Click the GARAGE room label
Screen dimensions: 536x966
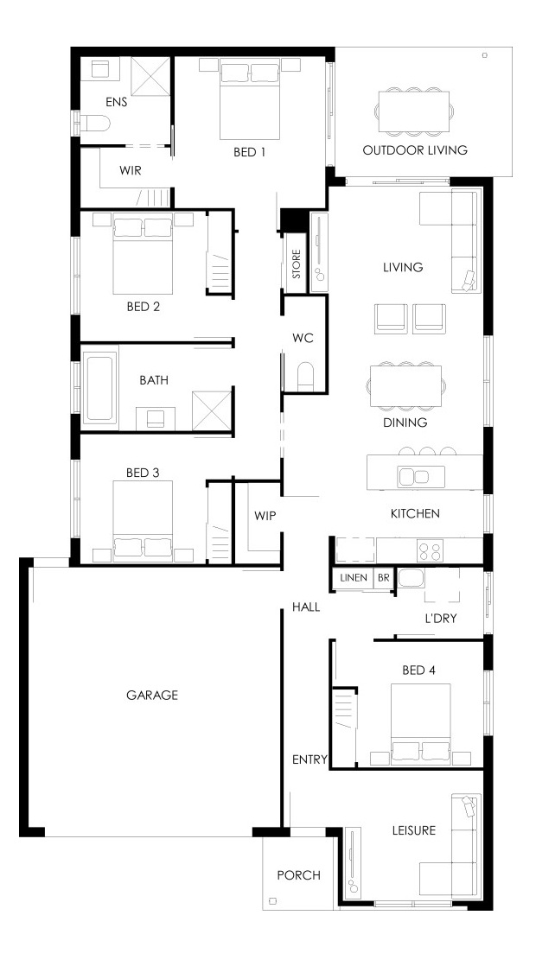tap(152, 695)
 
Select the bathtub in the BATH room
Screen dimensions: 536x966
tap(99, 387)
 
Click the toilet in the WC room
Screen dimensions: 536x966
tap(305, 377)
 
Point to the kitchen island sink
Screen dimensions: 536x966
tap(413, 476)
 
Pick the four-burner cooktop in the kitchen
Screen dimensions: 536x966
tap(429, 550)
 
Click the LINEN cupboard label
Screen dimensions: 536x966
tap(354, 578)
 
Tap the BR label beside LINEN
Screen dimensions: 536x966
tap(383, 578)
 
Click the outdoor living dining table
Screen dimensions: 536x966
tap(412, 111)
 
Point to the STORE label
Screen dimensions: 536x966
tap(297, 264)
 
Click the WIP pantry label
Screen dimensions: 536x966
tap(265, 516)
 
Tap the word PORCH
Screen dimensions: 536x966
tap(299, 874)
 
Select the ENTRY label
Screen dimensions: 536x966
tap(309, 759)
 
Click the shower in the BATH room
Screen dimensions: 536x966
tap(211, 410)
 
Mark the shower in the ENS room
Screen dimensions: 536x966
tap(150, 76)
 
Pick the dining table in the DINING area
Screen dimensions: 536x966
tap(405, 386)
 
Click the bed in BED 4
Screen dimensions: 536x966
tap(421, 724)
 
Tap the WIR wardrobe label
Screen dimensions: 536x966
tap(130, 171)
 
